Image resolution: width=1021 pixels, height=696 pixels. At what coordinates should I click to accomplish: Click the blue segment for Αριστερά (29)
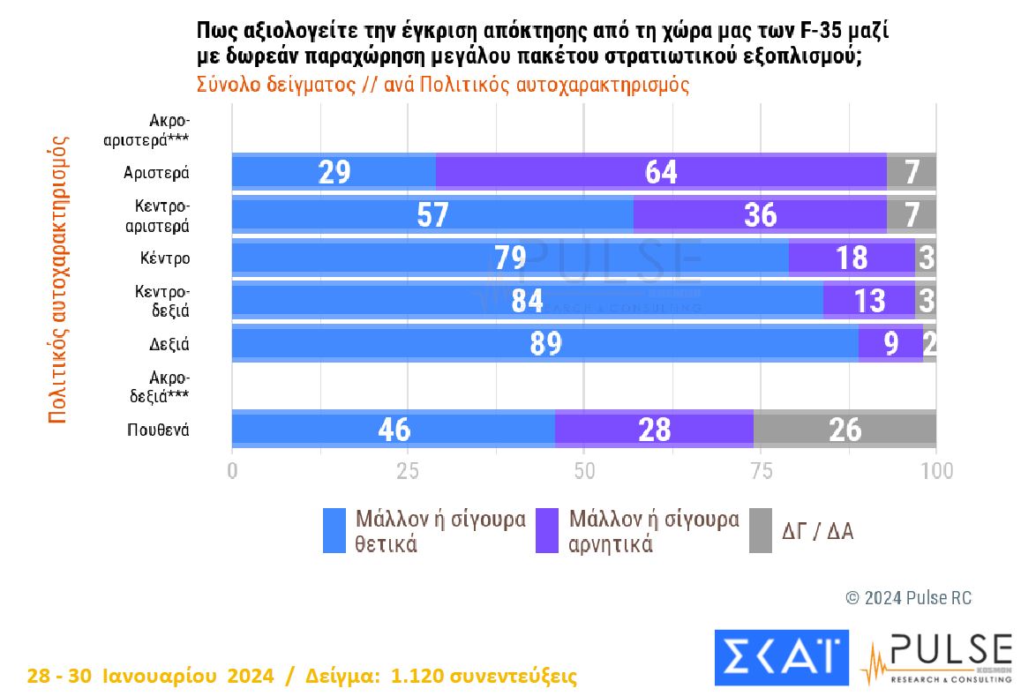click(334, 171)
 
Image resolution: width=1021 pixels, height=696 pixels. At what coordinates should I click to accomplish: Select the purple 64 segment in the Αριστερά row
click(660, 171)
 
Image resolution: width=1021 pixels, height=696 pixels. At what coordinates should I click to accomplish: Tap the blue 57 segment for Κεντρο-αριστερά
click(432, 214)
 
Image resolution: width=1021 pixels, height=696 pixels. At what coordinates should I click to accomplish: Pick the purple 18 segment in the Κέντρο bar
click(851, 258)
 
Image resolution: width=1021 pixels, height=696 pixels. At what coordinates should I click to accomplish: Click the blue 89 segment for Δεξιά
click(544, 343)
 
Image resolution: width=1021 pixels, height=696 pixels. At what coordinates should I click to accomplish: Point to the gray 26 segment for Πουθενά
click(844, 429)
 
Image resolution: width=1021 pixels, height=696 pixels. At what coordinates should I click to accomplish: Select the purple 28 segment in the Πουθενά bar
click(653, 429)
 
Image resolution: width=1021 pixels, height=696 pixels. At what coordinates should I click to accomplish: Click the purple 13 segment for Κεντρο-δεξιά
click(868, 300)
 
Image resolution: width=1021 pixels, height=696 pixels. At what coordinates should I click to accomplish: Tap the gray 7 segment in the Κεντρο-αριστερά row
click(911, 214)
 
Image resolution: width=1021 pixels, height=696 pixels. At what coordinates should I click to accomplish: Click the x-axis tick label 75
click(760, 470)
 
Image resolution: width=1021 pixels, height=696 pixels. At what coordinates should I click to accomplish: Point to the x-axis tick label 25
click(408, 470)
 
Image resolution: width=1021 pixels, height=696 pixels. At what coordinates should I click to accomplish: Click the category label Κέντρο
click(165, 258)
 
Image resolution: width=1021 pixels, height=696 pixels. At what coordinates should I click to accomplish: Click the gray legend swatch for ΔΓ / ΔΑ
click(760, 531)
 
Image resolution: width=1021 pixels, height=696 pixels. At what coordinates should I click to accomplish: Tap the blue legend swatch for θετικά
click(334, 531)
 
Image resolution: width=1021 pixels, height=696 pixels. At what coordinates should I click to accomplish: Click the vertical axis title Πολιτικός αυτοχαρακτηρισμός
click(57, 279)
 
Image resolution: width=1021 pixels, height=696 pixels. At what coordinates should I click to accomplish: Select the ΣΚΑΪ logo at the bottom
click(780, 657)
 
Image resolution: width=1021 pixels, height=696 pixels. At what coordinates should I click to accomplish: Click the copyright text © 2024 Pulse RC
click(908, 597)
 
